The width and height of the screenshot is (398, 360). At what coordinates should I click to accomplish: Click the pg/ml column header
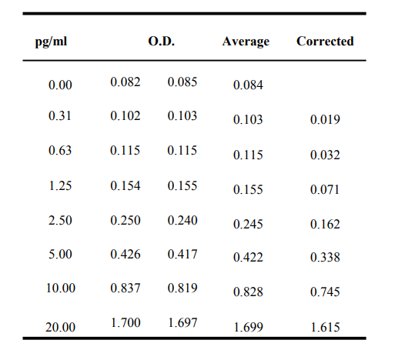(51, 42)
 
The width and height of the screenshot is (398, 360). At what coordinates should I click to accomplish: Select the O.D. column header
(162, 41)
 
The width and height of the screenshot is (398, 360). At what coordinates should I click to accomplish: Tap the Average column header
(246, 42)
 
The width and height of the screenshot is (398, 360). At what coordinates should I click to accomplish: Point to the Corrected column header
(325, 41)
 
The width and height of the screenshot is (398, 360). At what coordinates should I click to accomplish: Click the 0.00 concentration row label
(60, 85)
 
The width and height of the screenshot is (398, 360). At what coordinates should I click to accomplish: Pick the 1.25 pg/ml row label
(60, 185)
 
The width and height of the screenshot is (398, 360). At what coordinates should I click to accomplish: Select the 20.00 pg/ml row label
(60, 327)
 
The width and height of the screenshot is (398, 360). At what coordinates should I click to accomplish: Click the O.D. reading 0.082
(125, 82)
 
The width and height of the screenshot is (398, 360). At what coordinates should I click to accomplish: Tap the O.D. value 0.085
(182, 82)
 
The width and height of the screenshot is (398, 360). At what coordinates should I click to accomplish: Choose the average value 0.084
(248, 85)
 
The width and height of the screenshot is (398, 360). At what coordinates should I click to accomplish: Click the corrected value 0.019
(325, 119)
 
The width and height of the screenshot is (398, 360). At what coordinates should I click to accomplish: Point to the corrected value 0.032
(325, 155)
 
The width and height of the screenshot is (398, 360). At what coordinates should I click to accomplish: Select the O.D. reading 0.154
(125, 185)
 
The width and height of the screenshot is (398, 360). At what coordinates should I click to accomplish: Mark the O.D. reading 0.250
(125, 220)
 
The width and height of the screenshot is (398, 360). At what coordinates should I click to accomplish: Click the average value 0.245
(248, 224)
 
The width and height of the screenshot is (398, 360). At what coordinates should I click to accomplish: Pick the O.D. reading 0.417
(182, 254)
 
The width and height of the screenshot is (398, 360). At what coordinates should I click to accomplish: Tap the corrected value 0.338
(325, 257)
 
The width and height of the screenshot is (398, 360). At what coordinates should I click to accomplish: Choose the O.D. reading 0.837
(125, 288)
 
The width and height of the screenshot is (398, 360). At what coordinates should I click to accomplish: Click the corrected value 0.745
(325, 292)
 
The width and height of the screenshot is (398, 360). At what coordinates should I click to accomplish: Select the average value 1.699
(249, 327)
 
